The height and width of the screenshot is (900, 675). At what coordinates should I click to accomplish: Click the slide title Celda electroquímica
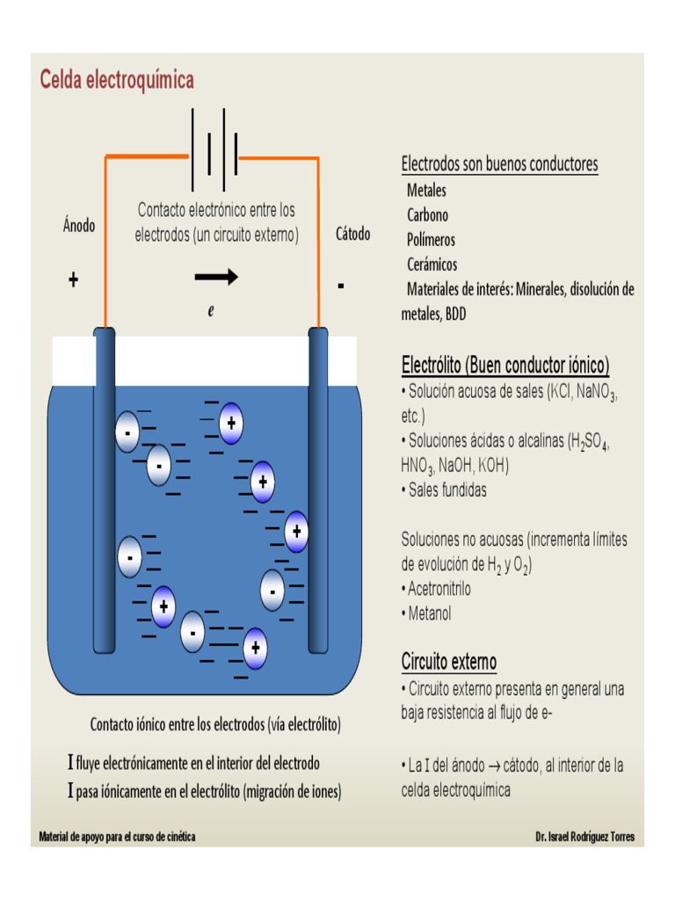117,80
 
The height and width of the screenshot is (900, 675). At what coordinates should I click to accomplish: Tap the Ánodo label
79,225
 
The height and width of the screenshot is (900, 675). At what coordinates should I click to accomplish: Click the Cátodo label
352,234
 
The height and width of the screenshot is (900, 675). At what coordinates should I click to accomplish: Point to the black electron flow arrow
216,278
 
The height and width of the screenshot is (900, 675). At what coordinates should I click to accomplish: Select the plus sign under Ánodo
73,280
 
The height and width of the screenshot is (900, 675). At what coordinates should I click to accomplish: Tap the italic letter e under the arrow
211,311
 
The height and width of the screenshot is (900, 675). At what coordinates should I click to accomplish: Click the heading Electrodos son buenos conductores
499,164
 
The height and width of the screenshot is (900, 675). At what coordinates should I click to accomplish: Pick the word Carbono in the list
427,214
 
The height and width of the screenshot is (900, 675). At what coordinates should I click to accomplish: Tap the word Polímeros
431,239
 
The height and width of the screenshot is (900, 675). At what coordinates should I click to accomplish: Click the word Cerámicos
432,264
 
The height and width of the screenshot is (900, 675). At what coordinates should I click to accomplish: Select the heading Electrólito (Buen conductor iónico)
504,365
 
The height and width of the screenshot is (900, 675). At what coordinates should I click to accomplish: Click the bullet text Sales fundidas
446,490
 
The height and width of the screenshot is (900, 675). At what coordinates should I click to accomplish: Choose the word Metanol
430,613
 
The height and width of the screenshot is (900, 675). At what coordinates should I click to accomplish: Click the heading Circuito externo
449,660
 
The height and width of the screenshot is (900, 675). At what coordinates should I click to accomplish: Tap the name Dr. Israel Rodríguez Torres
584,837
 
